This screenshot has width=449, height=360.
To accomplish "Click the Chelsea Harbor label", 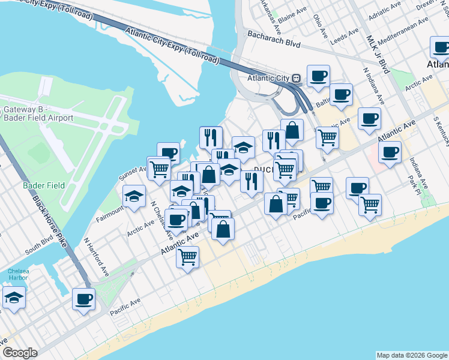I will [18, 275].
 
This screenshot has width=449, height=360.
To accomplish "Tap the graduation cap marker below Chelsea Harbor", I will [13, 298].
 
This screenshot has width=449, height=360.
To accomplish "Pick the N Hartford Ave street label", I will [97, 258].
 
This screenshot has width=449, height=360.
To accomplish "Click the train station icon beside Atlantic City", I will [297, 78].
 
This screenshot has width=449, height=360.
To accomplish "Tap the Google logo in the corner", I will [19, 353].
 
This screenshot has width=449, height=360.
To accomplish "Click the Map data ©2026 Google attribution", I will [411, 355].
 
